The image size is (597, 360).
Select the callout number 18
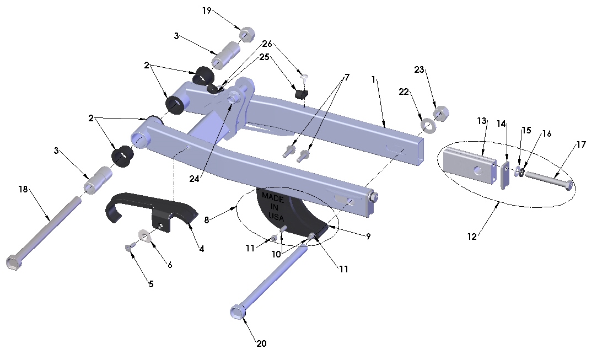tap(23, 189)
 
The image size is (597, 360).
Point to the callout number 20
tap(261, 343)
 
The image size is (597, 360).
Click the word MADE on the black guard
tap(273, 196)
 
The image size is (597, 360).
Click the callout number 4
tap(201, 249)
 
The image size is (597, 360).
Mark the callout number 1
tap(373, 79)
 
